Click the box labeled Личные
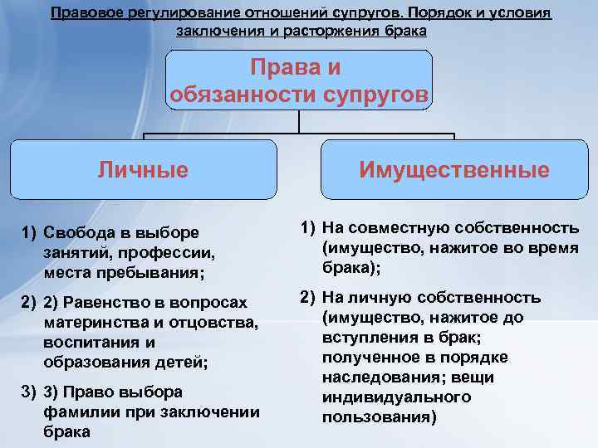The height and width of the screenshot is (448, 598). point(143,170)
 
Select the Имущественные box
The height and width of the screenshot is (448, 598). point(453,170)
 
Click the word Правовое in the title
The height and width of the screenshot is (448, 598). point(83,14)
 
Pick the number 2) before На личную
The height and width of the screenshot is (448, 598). point(306,297)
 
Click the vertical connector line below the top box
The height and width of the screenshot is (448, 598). point(299,122)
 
